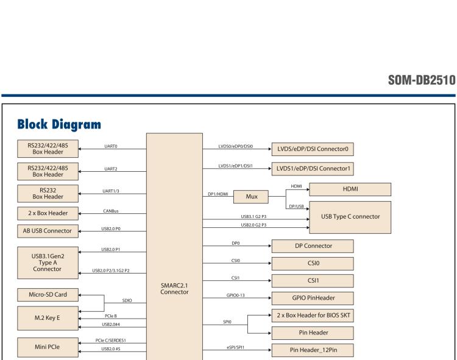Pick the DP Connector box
pyautogui.click(x=312, y=245)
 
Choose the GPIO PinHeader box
pyautogui.click(x=312, y=298)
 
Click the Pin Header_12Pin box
pyautogui.click(x=312, y=350)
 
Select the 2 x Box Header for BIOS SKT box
pyautogui.click(x=312, y=316)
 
